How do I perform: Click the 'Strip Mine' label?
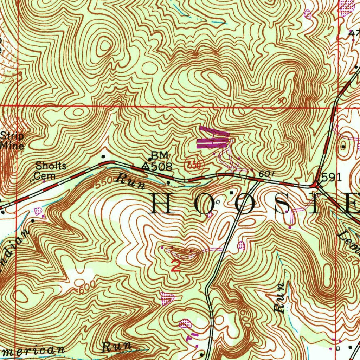tap(12, 141)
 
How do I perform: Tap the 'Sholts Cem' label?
tap(51, 170)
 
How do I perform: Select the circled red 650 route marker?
tap(192, 165)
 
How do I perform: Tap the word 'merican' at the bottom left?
tap(33, 351)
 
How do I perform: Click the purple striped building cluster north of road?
tap(213, 139)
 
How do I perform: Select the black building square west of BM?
tap(103, 156)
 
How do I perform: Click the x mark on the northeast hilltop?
tap(280, 101)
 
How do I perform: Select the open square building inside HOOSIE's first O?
tap(218, 202)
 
